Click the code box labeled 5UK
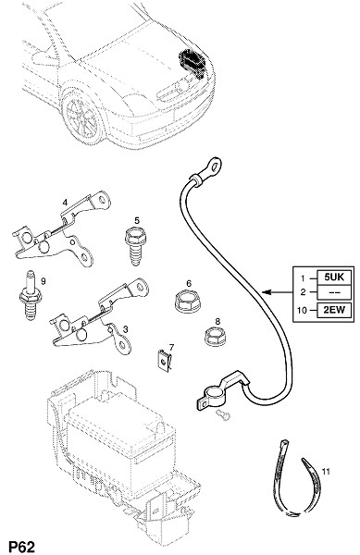(334, 277)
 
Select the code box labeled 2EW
(334, 311)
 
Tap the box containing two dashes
(334, 293)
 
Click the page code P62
(21, 547)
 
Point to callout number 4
(65, 203)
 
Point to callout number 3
(125, 329)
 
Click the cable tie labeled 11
(297, 478)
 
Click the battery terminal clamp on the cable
(219, 392)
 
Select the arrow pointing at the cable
(277, 292)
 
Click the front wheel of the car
(82, 117)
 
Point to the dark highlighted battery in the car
(192, 63)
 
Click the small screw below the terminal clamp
(223, 415)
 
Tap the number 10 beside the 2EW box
(302, 311)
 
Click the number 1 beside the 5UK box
(303, 278)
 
